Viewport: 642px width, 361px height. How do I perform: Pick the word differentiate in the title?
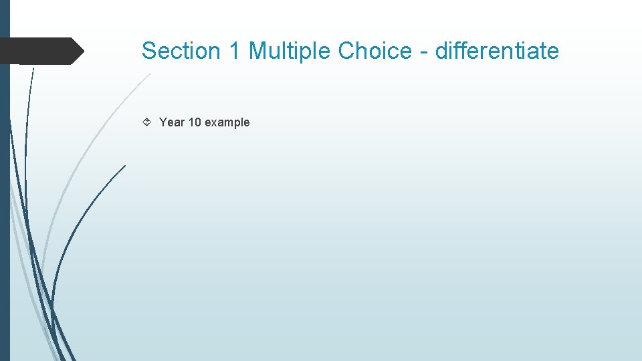tap(497, 51)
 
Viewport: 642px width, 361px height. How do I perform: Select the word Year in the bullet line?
tap(172, 122)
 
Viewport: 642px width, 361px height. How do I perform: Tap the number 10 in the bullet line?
tap(195, 122)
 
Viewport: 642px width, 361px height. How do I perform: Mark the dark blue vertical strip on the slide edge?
tap(5, 201)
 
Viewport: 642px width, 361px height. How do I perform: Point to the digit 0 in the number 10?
tap(198, 122)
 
